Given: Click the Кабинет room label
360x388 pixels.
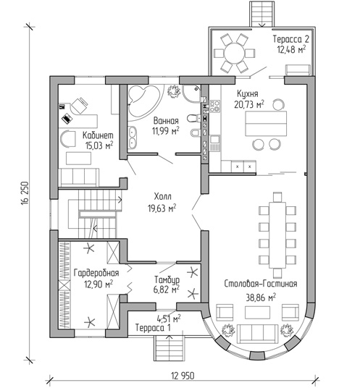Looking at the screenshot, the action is [x=98, y=135].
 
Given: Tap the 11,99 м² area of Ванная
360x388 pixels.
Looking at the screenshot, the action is [x=166, y=130].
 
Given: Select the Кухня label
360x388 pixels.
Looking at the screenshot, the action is [x=247, y=94].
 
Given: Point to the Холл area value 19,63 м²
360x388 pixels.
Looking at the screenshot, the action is [x=162, y=208].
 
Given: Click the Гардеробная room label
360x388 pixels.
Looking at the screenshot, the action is [x=96, y=273].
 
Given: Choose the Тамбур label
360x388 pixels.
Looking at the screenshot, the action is [x=167, y=280].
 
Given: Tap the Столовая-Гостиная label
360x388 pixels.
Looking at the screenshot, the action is [x=261, y=284].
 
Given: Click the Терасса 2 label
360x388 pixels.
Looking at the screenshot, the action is [x=291, y=39].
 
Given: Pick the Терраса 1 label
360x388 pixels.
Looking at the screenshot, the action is [x=153, y=328].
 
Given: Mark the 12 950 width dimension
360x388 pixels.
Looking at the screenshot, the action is [x=183, y=376].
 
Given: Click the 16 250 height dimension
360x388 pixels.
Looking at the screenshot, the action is [x=25, y=193].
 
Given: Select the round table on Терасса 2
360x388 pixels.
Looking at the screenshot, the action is [x=234, y=54].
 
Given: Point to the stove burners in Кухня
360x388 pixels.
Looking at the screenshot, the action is [x=214, y=106].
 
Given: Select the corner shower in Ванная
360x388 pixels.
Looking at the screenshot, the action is [x=191, y=93].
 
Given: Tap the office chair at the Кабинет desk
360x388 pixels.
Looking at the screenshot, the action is [x=79, y=106].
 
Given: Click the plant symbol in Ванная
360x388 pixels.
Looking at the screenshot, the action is [x=174, y=91].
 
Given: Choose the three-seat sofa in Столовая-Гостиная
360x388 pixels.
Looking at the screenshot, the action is [x=257, y=334].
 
